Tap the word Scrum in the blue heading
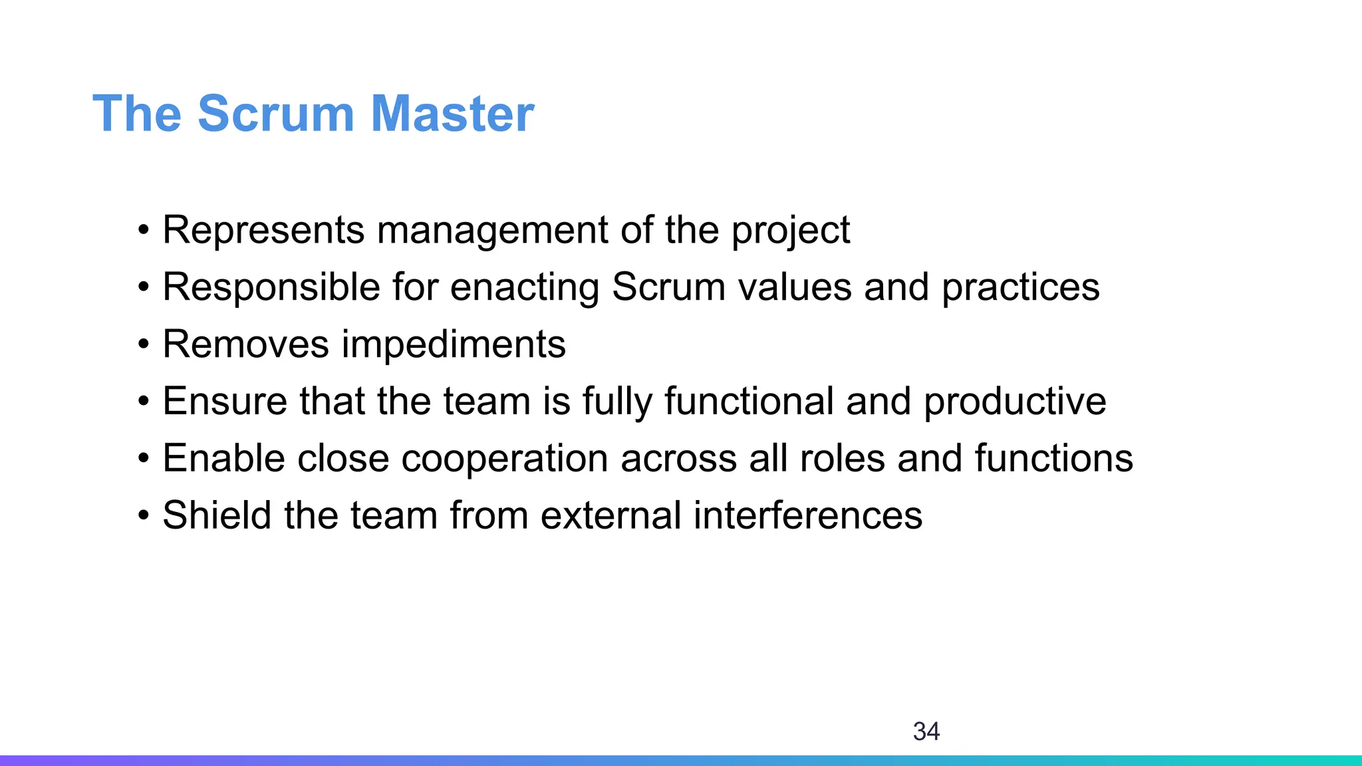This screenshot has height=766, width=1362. [x=275, y=114]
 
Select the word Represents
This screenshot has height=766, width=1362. [x=263, y=231]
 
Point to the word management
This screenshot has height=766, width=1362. [x=492, y=231]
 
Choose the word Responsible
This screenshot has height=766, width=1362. [x=271, y=288]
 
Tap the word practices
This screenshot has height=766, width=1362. [x=1020, y=288]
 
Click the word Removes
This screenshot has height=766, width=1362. [x=245, y=344]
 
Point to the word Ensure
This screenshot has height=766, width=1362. [x=224, y=402]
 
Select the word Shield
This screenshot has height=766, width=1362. [x=217, y=515]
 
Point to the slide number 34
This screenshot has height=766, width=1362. [x=926, y=731]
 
